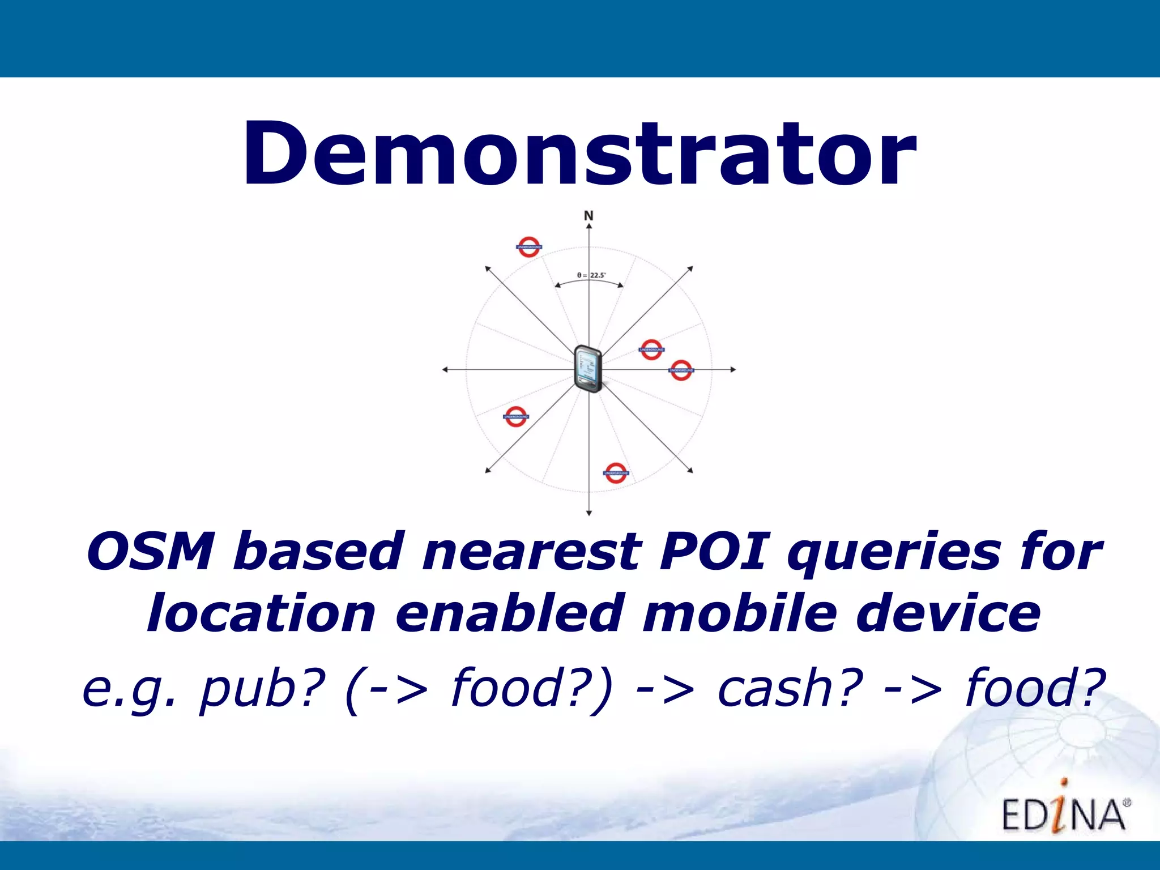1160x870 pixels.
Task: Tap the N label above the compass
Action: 588,216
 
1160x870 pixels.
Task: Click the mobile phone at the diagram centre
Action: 588,368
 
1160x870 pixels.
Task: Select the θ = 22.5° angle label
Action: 591,275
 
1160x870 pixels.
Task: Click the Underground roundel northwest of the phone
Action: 529,247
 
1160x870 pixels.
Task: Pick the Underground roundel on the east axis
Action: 681,370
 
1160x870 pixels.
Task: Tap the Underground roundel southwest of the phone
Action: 515,416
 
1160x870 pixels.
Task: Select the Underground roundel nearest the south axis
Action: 616,472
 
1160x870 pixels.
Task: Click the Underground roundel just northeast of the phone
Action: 651,349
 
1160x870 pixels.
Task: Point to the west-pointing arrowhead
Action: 445,369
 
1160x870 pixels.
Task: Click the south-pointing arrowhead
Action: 589,513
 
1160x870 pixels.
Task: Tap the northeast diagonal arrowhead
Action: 690,269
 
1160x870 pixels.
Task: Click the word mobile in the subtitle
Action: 739,614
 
